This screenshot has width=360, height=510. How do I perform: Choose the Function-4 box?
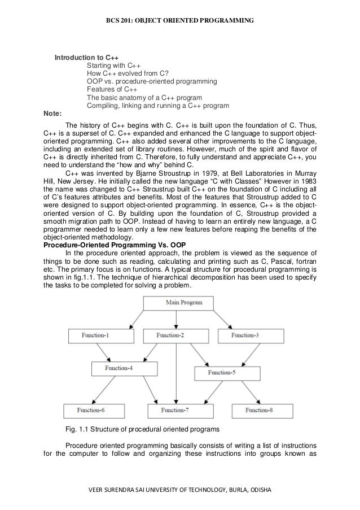(x=120, y=369)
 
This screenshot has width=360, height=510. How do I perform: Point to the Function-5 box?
(x=223, y=373)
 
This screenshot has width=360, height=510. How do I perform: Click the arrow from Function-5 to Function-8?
(x=242, y=391)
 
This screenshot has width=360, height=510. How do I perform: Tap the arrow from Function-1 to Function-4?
(x=108, y=352)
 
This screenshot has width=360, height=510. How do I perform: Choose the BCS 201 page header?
(x=181, y=21)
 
